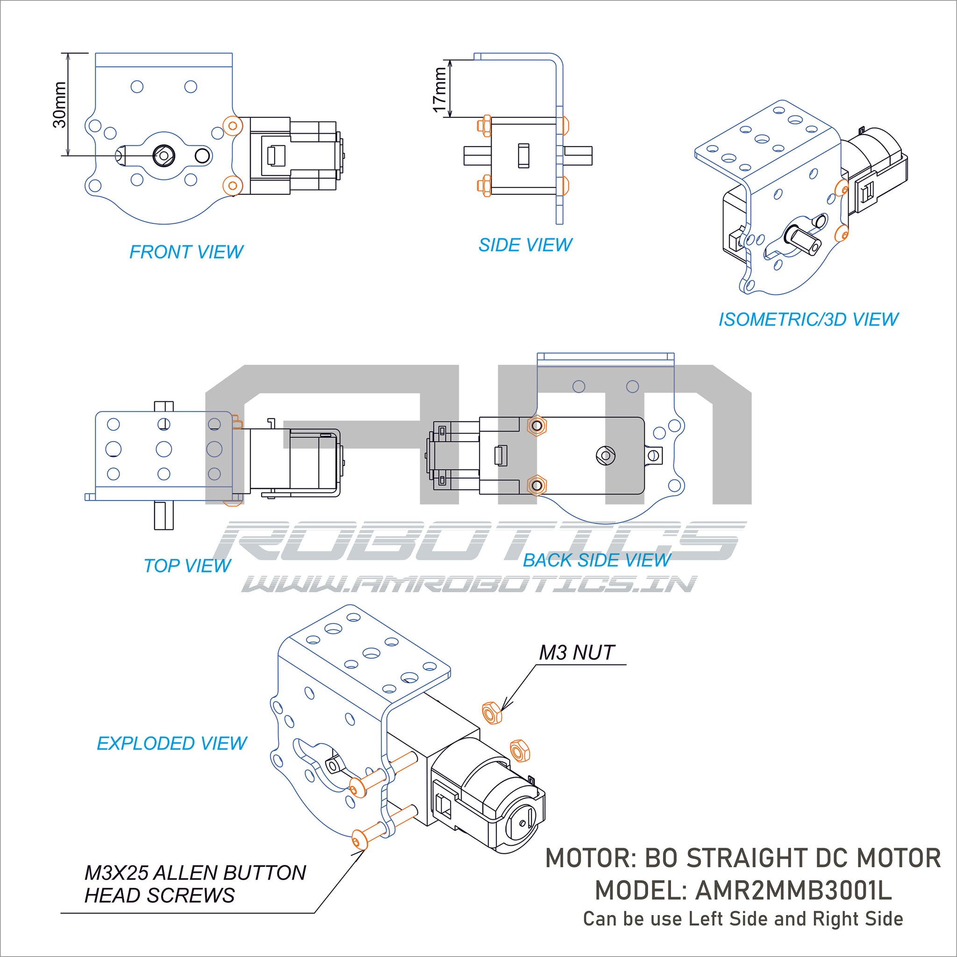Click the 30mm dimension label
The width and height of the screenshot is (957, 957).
click(x=59, y=105)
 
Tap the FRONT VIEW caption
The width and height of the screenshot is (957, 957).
click(x=186, y=252)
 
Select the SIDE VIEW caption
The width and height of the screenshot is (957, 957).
click(x=525, y=245)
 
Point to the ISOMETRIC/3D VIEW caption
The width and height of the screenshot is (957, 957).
click(x=808, y=320)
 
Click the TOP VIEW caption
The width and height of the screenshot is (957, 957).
click(x=187, y=566)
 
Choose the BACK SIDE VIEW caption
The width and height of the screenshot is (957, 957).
click(x=596, y=560)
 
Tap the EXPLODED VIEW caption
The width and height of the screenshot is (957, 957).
click(x=171, y=743)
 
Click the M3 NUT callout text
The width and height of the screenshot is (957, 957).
click(x=577, y=653)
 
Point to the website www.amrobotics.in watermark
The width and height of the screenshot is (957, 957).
click(x=469, y=585)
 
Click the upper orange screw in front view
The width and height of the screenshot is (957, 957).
click(x=232, y=126)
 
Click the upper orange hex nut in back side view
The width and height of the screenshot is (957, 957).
click(x=537, y=426)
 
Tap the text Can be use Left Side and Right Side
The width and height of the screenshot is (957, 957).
click(x=743, y=919)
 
